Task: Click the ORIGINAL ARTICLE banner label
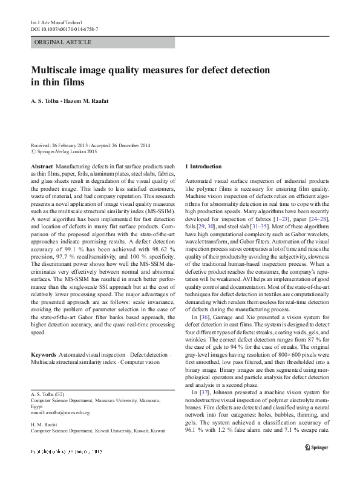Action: [64, 42]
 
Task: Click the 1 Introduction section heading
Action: [203, 166]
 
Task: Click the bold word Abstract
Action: [41, 166]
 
